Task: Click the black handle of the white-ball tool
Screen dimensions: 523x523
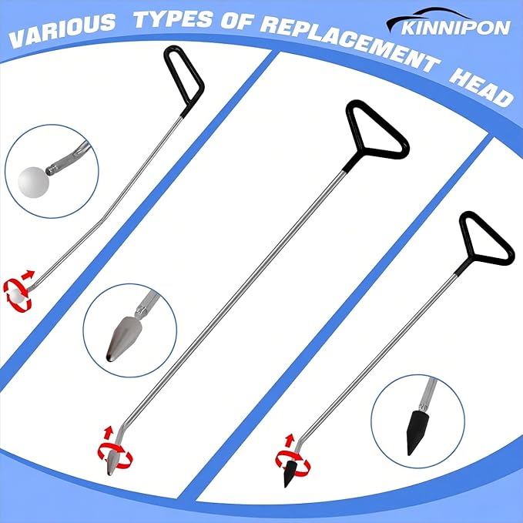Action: click(184, 76)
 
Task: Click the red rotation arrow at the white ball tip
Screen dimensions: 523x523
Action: click(18, 289)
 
